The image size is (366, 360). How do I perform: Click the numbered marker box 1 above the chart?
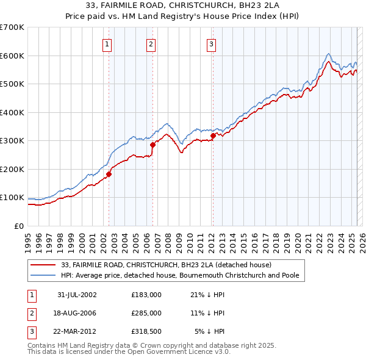(x=107, y=43)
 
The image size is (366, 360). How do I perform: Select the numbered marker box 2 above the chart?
(x=151, y=43)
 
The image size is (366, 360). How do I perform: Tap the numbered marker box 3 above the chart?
(x=211, y=43)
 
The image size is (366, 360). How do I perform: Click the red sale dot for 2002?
(x=109, y=174)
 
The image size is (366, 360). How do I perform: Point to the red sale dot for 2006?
(x=152, y=145)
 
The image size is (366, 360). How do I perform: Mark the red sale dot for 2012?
(x=213, y=135)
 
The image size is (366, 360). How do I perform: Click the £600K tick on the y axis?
(x=12, y=56)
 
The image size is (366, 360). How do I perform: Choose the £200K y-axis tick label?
(x=12, y=169)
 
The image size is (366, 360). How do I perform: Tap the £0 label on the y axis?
(x=18, y=226)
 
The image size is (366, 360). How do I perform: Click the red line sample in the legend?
(x=44, y=265)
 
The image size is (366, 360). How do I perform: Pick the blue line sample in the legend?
(x=44, y=275)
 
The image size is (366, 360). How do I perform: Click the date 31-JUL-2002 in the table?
(x=77, y=295)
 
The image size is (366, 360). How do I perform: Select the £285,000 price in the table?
(x=146, y=313)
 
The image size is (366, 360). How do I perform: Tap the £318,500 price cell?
(x=146, y=331)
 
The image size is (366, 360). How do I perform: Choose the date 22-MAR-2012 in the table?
(x=77, y=331)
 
